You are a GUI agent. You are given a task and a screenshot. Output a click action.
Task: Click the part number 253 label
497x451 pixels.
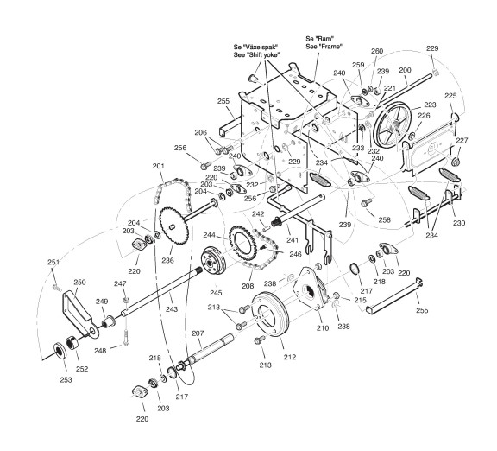[66, 379]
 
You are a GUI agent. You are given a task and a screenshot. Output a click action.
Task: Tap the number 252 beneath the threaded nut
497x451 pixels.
[82, 369]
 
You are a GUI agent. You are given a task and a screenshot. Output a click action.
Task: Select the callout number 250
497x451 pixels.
[79, 283]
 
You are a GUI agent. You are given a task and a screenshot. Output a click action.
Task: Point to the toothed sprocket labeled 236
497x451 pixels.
[173, 225]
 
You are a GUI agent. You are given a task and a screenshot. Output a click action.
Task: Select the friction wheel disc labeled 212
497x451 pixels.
[270, 314]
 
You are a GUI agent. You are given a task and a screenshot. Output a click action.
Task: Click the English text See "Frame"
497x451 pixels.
[324, 47]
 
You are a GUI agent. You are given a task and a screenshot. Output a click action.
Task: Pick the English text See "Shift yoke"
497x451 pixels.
[257, 54]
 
